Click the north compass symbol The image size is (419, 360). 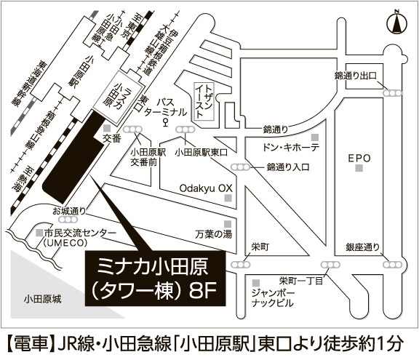397,22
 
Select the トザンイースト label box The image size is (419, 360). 204,101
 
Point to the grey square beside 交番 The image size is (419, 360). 107,128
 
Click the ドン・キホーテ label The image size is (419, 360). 291,148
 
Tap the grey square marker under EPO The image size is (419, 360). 359,168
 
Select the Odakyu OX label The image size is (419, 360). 206,188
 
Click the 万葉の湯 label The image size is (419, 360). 214,234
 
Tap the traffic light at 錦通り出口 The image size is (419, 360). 393,93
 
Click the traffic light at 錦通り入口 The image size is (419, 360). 241,167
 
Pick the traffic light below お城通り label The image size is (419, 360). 68,220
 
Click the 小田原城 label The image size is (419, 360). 42,299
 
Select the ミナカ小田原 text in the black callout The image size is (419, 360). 153,267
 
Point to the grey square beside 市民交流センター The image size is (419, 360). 39,232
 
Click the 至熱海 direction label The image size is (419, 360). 22,179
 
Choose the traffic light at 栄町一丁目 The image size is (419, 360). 330,265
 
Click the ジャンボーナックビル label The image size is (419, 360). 273,297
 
